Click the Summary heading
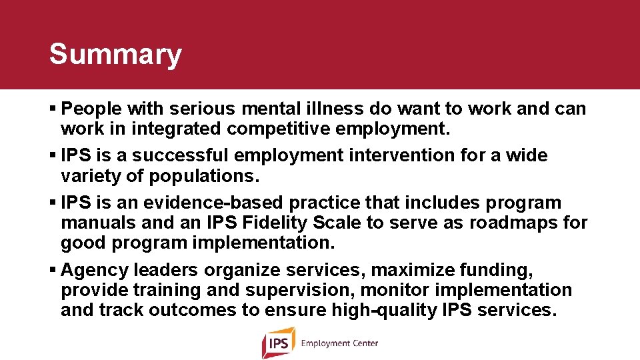point(115,54)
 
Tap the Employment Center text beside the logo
point(339,343)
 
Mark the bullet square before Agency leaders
point(53,271)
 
